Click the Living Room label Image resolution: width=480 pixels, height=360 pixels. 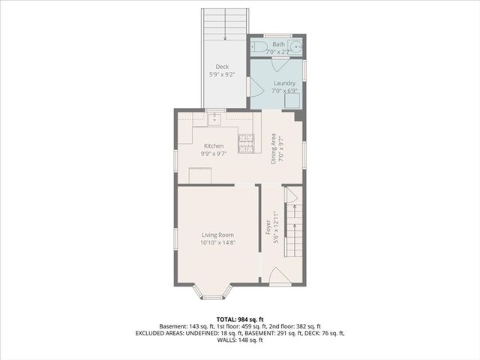tap(217, 235)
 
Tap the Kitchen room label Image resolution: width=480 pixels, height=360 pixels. tap(214, 145)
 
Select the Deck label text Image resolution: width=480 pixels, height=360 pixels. tap(222, 67)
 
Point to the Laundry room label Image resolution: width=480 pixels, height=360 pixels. tap(284, 83)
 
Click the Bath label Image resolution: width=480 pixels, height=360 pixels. tap(278, 44)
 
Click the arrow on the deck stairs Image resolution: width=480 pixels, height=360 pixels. tap(225, 30)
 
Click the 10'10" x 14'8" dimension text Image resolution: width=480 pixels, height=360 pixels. tap(217, 243)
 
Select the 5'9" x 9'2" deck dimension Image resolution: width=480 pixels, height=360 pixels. tap(222, 75)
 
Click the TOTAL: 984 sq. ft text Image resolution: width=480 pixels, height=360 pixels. tap(239, 319)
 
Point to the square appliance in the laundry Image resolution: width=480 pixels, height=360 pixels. tap(293, 100)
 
